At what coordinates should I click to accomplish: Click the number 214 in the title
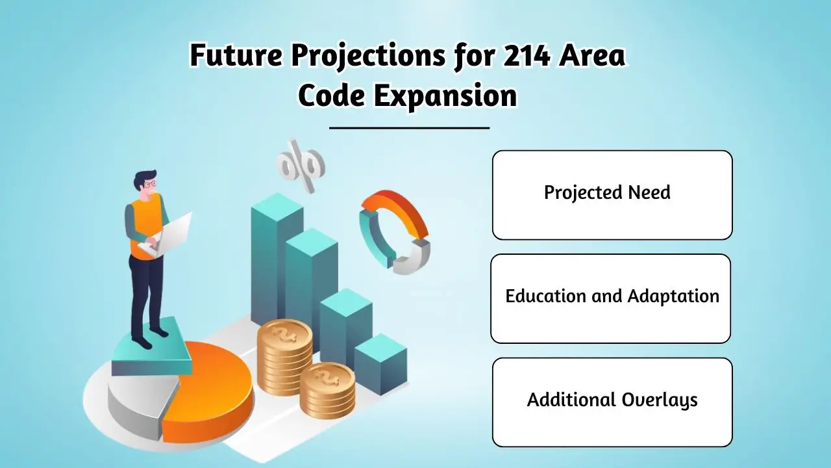tap(527, 56)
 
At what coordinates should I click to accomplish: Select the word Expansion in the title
tap(445, 97)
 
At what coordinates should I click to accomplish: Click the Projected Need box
tap(612, 195)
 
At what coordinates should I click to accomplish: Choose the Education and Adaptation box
tap(611, 298)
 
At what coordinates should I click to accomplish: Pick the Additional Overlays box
tap(612, 402)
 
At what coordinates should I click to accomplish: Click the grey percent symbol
tap(301, 166)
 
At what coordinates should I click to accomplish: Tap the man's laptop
tap(167, 235)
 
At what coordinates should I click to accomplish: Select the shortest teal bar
tap(380, 363)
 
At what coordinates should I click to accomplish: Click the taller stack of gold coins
tap(285, 357)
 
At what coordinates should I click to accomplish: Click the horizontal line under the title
tap(410, 128)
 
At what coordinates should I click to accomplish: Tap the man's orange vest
tap(146, 227)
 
